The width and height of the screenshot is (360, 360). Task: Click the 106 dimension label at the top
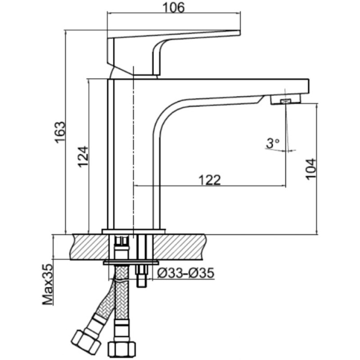tap(173, 8)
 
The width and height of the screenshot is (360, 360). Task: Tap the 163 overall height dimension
tap(61, 132)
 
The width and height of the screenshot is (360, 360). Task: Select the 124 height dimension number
tap(83, 157)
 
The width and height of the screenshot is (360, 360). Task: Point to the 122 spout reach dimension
tap(209, 180)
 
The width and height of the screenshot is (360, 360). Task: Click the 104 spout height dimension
tap(311, 169)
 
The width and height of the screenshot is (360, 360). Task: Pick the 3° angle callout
tap(273, 144)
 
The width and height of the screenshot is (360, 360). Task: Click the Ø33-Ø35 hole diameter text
tap(185, 273)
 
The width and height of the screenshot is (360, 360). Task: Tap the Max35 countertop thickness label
tap(47, 285)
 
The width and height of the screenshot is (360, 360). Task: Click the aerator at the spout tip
tap(286, 100)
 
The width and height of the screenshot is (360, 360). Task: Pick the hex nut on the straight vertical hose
tap(122, 350)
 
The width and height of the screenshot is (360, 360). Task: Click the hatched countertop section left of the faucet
tap(90, 247)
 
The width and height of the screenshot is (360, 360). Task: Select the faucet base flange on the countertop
tap(134, 231)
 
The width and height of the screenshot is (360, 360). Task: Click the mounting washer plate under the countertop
tap(131, 263)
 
